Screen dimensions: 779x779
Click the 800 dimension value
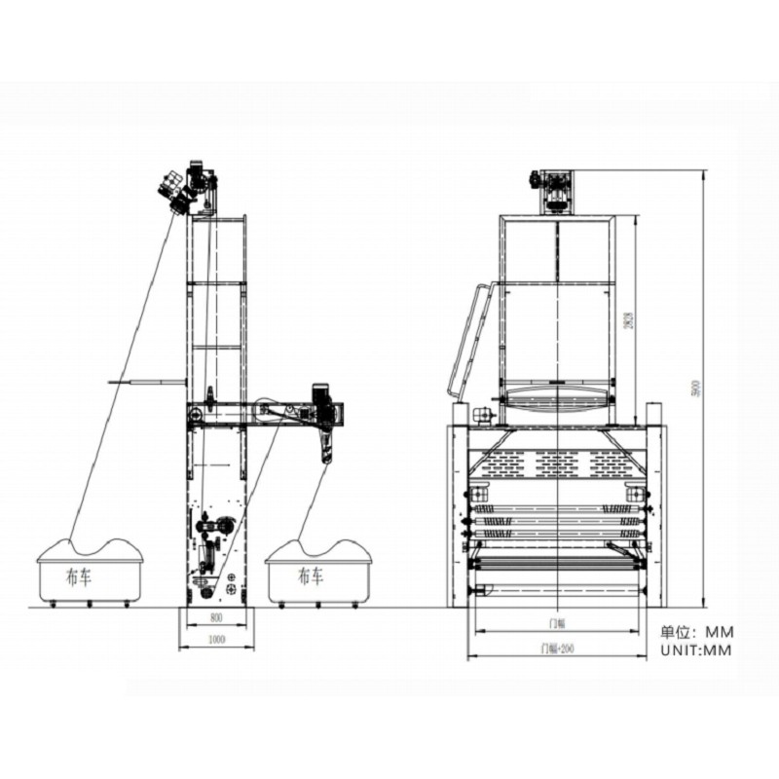point(214,619)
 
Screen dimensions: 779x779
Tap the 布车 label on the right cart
point(311,575)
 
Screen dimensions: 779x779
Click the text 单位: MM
point(695,631)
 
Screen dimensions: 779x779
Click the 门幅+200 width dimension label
point(556,648)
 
